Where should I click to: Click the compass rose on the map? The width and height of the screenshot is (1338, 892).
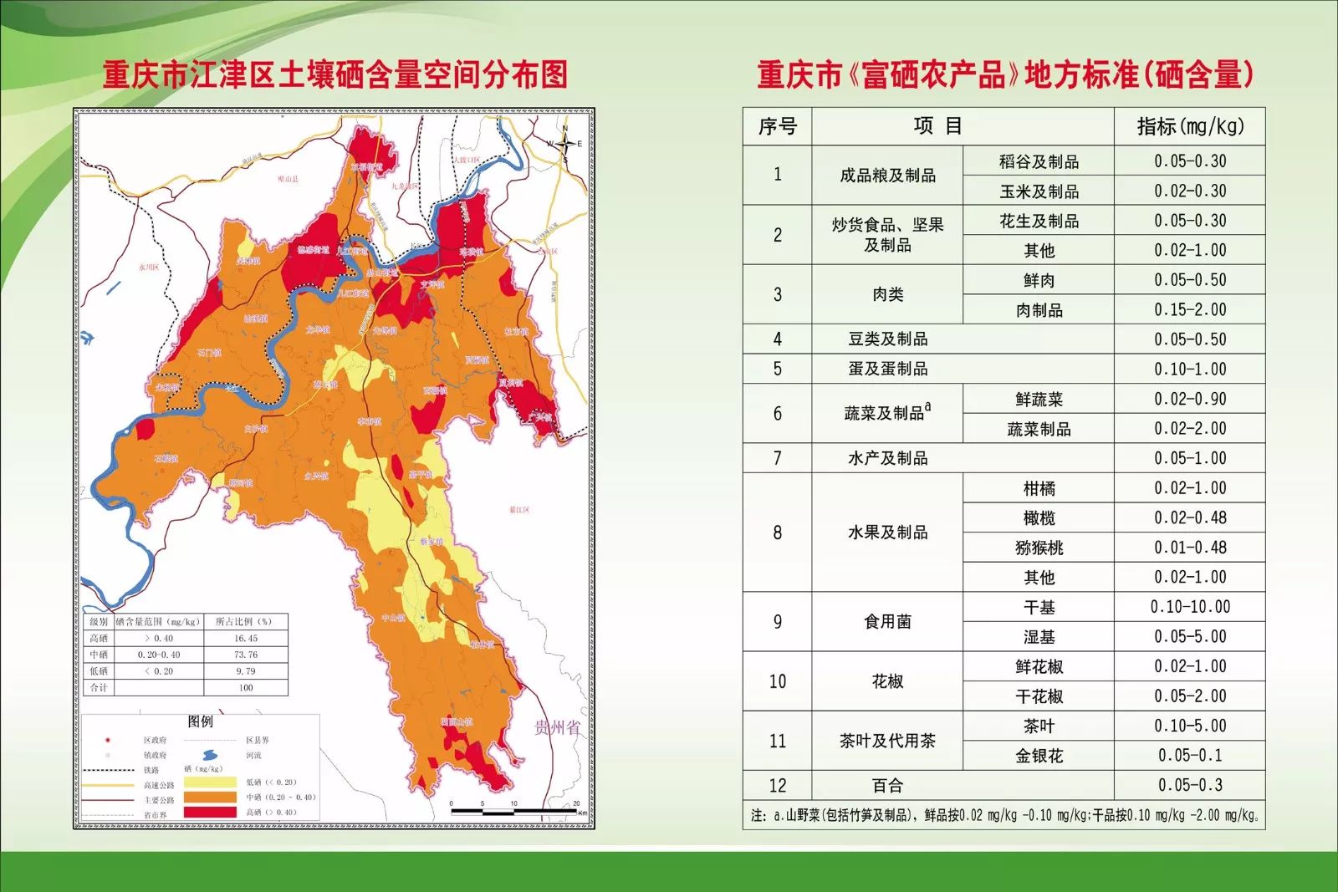click(x=564, y=145)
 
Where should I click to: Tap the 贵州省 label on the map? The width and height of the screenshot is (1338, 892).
click(x=557, y=727)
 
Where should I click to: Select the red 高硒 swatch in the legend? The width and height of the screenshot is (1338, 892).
click(x=209, y=812)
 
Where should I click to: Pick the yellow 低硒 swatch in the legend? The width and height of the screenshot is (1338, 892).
click(x=209, y=782)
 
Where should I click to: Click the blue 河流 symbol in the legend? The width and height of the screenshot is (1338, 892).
click(x=209, y=755)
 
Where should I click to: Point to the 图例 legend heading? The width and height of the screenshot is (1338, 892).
click(x=200, y=721)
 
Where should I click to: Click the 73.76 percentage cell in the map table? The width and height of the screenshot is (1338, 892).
click(x=246, y=655)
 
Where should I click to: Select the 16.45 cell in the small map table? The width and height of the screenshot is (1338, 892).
click(x=246, y=638)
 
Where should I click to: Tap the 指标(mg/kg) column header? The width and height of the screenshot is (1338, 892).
click(x=1189, y=126)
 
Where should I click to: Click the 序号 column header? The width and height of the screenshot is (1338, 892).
click(x=777, y=126)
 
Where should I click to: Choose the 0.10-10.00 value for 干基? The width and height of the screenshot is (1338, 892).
click(x=1189, y=607)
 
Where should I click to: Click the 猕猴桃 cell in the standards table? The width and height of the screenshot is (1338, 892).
click(x=1039, y=548)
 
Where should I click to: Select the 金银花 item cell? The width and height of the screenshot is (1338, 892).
click(x=1039, y=756)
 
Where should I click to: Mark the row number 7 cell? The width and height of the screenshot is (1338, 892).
click(x=777, y=458)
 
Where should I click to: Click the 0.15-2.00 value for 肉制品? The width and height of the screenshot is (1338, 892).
click(x=1189, y=309)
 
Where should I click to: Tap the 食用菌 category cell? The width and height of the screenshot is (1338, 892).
click(x=887, y=622)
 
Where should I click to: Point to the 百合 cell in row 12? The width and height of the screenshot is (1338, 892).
click(x=887, y=786)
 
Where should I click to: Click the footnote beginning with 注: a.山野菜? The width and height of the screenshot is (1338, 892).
click(x=1004, y=815)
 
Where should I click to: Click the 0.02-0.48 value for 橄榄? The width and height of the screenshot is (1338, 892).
click(x=1189, y=517)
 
